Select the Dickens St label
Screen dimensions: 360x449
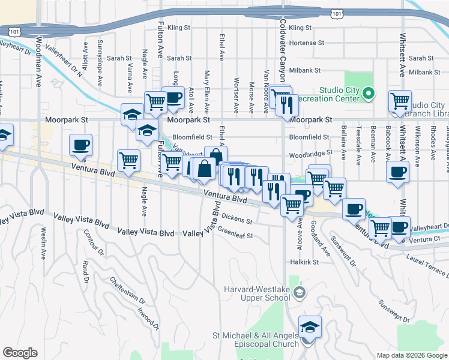click(x=237, y=218)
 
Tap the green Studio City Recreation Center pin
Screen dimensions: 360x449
click(x=369, y=93)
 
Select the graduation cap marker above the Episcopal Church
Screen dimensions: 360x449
click(x=310, y=327)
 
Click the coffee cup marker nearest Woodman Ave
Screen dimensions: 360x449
click(x=81, y=145)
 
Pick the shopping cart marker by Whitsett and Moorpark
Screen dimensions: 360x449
click(x=400, y=101)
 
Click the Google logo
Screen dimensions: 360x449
click(x=20, y=353)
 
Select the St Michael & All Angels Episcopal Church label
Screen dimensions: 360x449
click(x=256, y=340)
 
